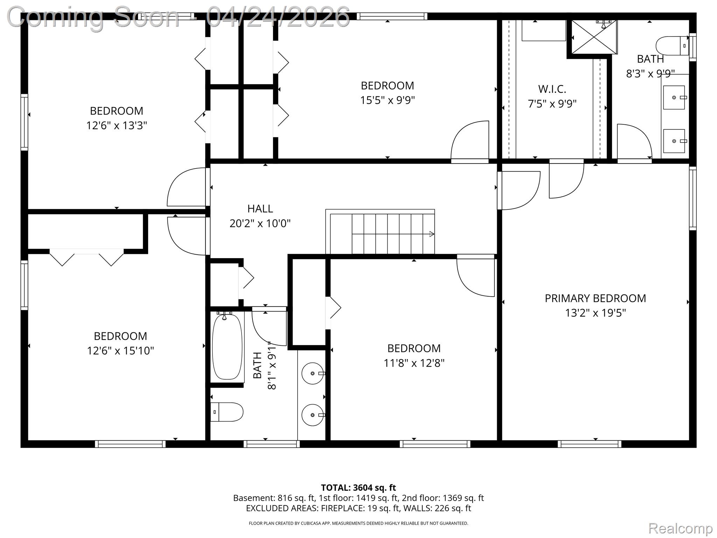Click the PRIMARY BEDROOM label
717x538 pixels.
(x=595, y=298)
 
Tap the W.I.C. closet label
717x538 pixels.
(x=552, y=89)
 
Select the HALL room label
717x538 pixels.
(x=260, y=208)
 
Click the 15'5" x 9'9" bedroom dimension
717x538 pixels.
(x=388, y=100)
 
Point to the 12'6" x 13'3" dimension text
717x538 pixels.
(x=117, y=125)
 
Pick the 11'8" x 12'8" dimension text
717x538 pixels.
(x=414, y=363)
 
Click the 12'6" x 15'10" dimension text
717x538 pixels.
(x=120, y=351)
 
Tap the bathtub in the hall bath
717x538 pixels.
(x=227, y=346)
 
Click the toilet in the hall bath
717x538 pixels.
(x=227, y=412)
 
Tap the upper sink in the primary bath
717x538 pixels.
(x=674, y=97)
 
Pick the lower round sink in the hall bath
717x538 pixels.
(x=313, y=415)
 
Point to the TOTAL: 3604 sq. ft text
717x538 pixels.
(x=358, y=488)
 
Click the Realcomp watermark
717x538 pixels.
(x=681, y=528)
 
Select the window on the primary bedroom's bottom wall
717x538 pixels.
(x=590, y=444)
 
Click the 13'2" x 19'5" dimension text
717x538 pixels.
(x=595, y=313)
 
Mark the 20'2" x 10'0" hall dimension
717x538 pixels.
(x=260, y=223)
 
